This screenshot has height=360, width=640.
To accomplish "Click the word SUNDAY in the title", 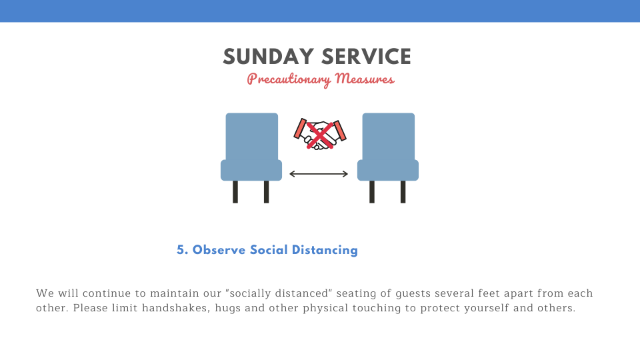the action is click(x=268, y=57).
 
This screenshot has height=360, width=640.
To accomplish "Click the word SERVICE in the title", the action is click(x=366, y=57).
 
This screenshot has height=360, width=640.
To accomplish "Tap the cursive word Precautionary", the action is click(x=289, y=79).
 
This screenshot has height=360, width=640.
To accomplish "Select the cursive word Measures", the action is click(x=365, y=78).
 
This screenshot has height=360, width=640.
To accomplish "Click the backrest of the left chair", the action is click(x=252, y=137).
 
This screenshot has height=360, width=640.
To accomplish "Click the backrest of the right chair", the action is click(x=388, y=137).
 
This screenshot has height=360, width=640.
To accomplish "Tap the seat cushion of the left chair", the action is click(x=251, y=170).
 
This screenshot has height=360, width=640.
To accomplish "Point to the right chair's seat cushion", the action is click(x=388, y=170).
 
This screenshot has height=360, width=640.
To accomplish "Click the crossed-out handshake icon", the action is click(x=320, y=134).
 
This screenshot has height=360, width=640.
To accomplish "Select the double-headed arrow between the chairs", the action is click(x=319, y=174).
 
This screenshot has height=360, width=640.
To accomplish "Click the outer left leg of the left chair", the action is click(x=235, y=192).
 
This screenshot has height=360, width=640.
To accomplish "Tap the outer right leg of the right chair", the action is click(x=403, y=192).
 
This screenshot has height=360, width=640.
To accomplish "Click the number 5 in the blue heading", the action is click(x=181, y=250).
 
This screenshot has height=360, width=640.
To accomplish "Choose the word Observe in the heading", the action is click(x=219, y=250).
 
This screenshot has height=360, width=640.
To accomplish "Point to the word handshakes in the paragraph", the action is click(x=175, y=308).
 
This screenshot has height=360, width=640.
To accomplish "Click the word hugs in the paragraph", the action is click(x=228, y=309).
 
